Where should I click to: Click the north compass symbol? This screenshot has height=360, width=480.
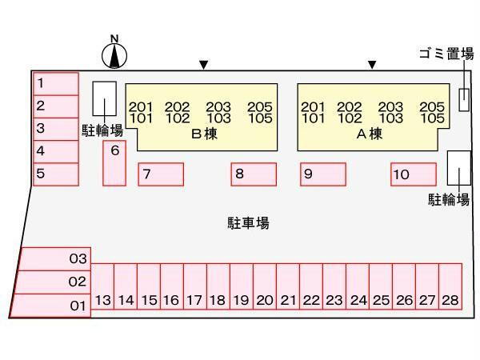115,54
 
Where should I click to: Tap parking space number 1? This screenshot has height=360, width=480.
56,83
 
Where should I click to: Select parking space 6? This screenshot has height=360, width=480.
114,162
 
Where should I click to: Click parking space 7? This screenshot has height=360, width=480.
161,174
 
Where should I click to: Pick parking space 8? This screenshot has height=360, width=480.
254,174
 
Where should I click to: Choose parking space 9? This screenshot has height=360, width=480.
323,174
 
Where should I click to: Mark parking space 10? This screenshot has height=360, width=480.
413,174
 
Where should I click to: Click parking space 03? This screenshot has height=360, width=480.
55,259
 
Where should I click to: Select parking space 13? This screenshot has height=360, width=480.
102,290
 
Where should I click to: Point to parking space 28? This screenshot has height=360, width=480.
450,290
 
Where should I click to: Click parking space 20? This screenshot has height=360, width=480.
265,290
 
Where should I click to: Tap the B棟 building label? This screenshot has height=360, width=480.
204,134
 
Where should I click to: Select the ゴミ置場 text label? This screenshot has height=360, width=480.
446,54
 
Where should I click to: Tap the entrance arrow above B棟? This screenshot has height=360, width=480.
204,65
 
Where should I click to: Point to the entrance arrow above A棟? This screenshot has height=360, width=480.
372,65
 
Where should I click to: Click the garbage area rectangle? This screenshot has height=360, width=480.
464,98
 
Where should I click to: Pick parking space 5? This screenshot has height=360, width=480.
56,174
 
